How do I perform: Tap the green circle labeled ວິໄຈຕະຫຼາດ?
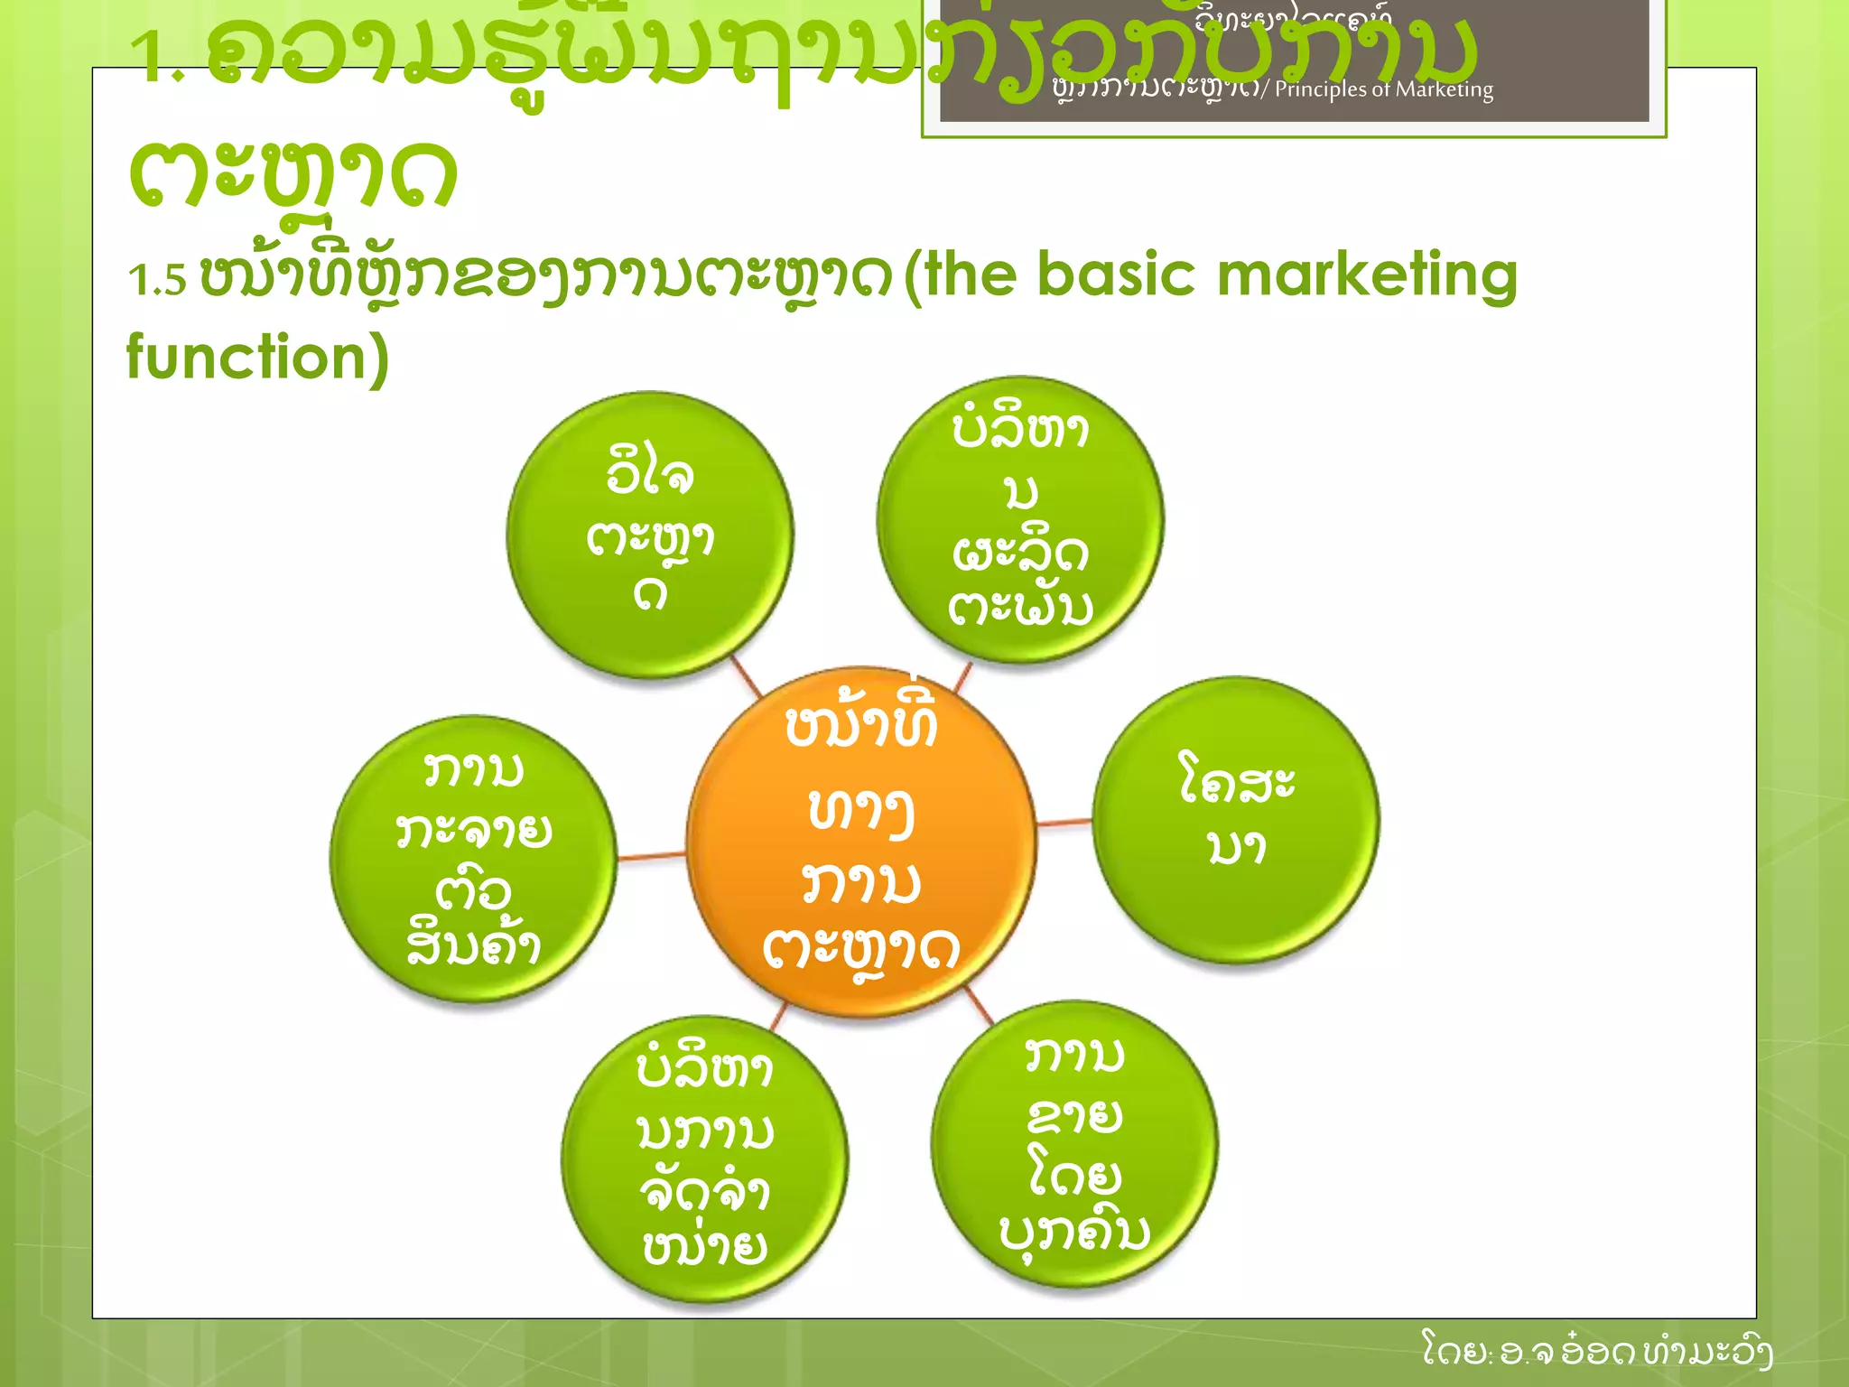(650, 535)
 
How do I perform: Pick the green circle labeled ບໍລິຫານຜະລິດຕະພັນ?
(1020, 519)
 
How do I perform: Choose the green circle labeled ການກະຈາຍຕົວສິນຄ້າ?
(473, 858)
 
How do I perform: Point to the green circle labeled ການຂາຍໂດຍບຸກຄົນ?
(1074, 1143)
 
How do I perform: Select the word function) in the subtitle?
(257, 358)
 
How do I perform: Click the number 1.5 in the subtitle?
(157, 280)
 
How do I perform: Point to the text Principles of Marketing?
(1383, 89)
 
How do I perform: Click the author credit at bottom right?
(1596, 1352)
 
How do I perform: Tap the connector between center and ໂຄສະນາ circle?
(1064, 823)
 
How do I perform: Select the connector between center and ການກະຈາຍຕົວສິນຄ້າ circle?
(651, 855)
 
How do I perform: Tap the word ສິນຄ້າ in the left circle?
(473, 945)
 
